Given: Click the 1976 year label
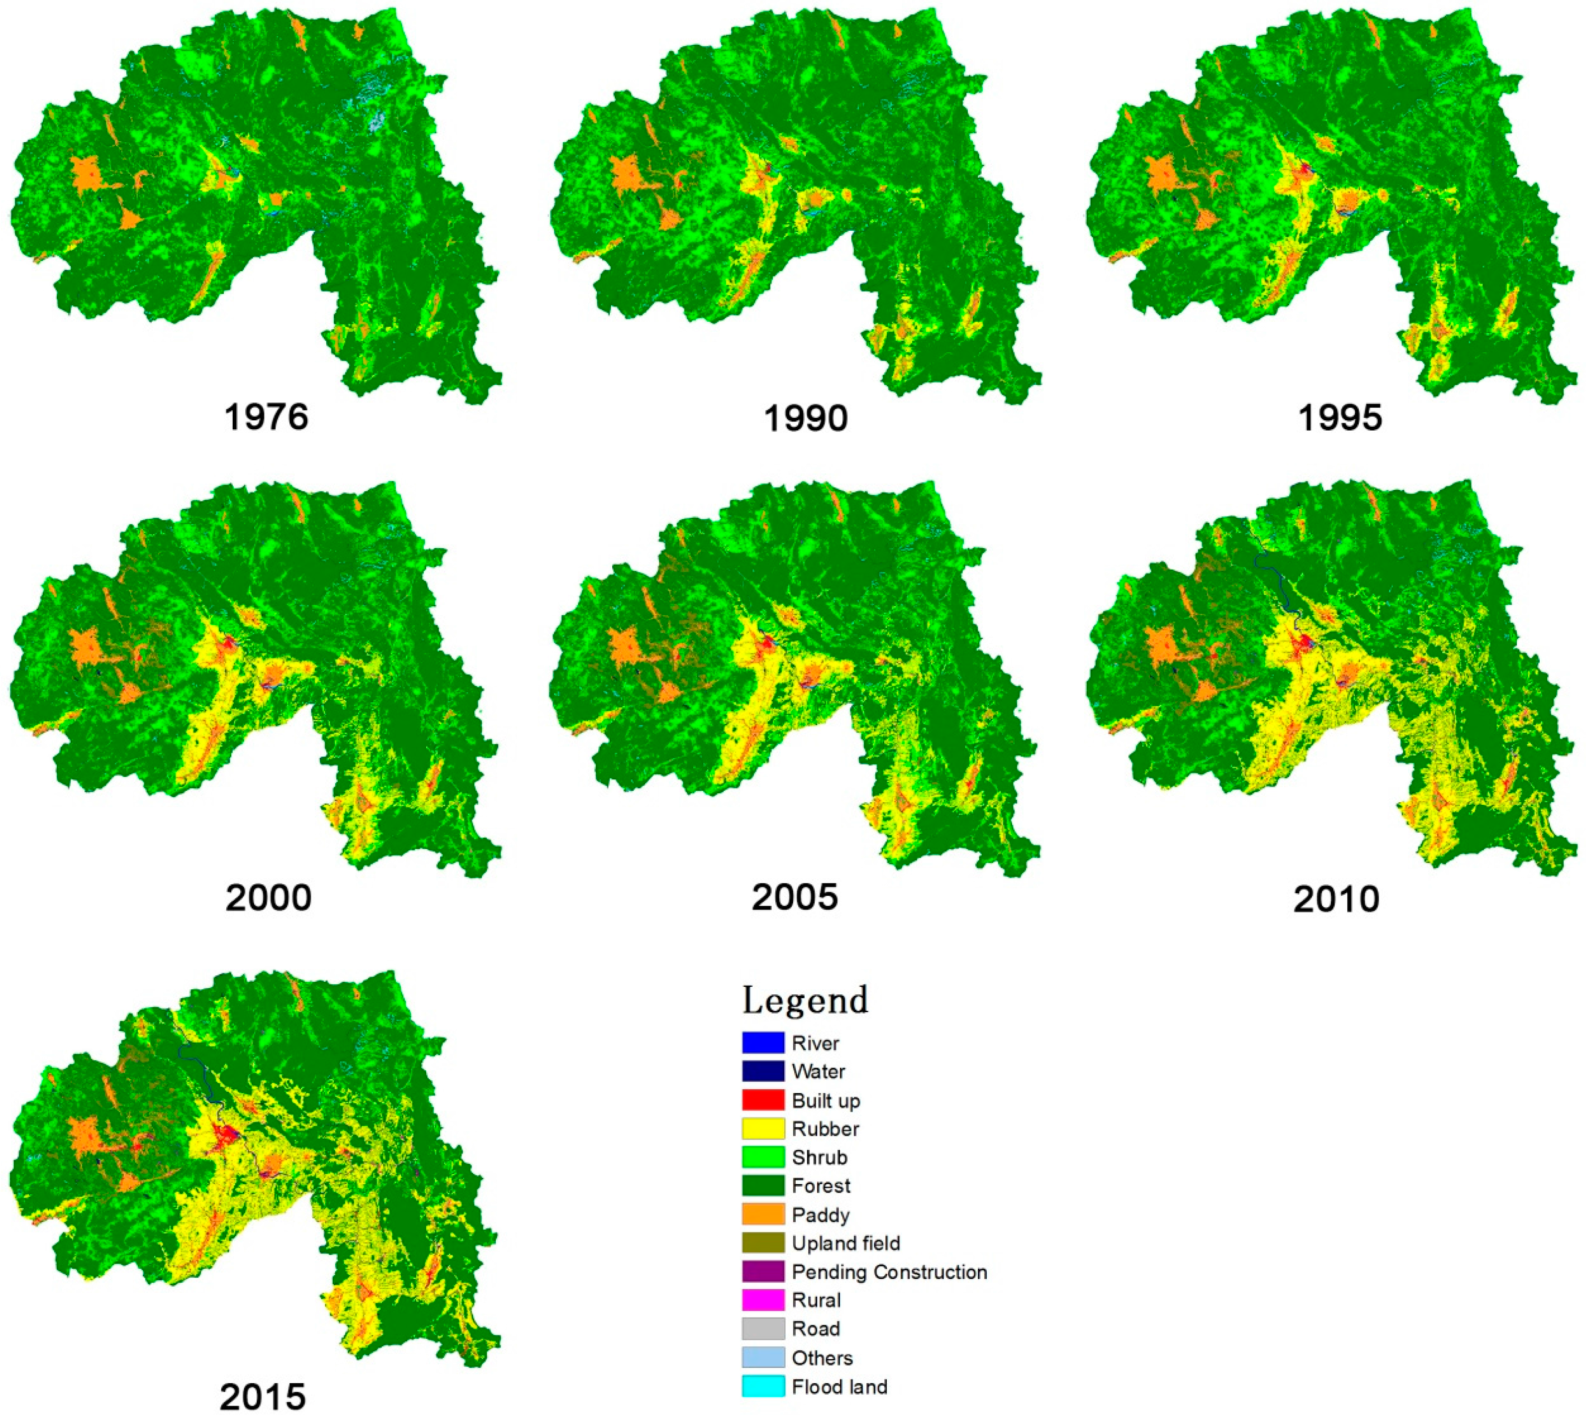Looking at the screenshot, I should (x=267, y=418).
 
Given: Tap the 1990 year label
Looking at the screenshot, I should (x=806, y=419).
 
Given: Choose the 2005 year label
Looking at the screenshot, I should (x=795, y=897).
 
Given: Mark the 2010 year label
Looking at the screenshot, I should (x=1336, y=899).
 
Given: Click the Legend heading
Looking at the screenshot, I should (x=805, y=1000).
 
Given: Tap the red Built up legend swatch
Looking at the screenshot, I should (x=762, y=1100).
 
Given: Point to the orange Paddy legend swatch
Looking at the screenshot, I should (x=762, y=1215).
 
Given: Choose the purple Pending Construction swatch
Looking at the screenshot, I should (x=762, y=1272).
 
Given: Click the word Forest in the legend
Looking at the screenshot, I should (x=821, y=1186).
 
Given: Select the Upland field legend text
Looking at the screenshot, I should (x=846, y=1243).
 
